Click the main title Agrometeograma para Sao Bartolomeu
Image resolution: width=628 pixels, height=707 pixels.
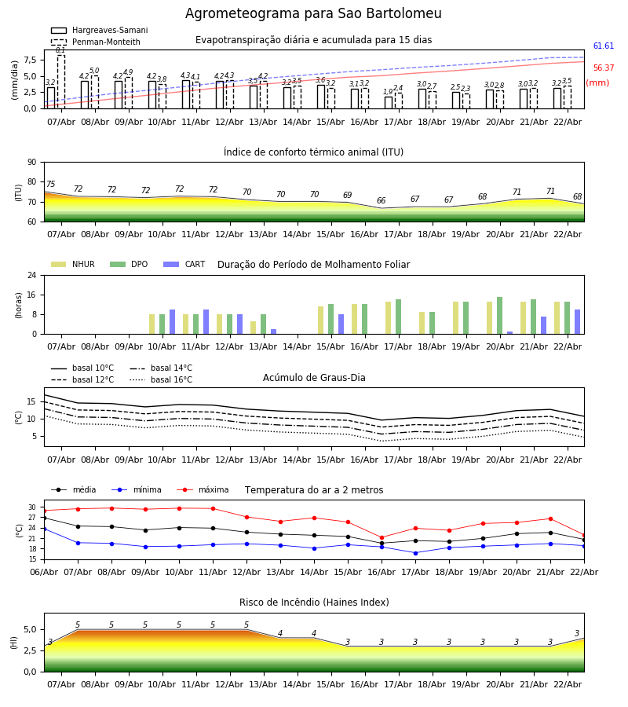[x=313, y=14]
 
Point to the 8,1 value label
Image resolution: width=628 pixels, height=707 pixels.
[x=60, y=50]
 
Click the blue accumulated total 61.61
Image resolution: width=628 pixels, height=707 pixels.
[x=603, y=47]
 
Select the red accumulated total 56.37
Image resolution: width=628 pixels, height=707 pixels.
[x=603, y=68]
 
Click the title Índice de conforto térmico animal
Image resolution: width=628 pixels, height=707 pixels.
[x=313, y=152]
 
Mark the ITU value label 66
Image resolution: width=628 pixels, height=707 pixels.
[x=382, y=201]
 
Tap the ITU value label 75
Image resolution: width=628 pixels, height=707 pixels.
[x=51, y=185]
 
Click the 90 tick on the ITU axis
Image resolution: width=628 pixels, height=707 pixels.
[x=31, y=163]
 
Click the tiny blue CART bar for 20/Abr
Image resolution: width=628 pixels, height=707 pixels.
[x=509, y=332]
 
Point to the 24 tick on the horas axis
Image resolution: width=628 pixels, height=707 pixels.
[x=31, y=276]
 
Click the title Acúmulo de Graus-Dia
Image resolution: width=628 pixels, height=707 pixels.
[x=314, y=378]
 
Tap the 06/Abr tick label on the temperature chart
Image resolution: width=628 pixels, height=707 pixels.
[x=44, y=571]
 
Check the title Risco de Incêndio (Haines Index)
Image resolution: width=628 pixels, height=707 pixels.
[x=314, y=603]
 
